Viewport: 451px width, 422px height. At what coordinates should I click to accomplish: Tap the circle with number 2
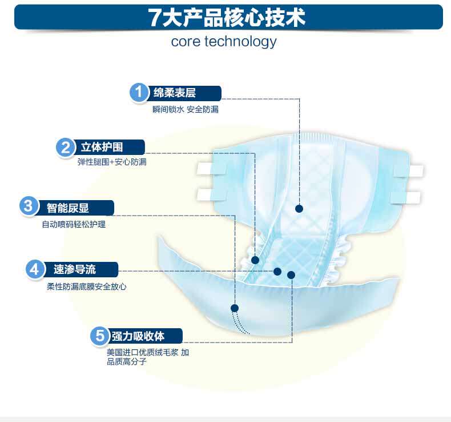pos(66,147)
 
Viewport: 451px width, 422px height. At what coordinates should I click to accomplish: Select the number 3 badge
pos(29,206)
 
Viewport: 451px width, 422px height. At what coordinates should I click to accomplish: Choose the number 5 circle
pos(99,335)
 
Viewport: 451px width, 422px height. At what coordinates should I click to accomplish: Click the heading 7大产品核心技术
pos(227,18)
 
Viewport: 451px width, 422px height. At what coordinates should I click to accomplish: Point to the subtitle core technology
pos(224,42)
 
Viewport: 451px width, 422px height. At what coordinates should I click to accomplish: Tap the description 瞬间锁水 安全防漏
pos(186,109)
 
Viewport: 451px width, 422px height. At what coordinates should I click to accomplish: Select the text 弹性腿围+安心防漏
pos(112,162)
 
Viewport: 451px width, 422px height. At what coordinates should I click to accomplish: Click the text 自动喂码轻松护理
pos(74,224)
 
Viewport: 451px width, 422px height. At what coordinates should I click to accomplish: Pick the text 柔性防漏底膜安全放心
pos(86,286)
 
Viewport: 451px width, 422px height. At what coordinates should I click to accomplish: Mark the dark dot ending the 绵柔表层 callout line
pos(299,209)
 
